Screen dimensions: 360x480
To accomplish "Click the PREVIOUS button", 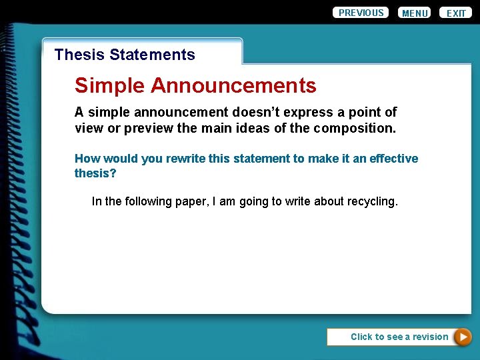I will point(361,13).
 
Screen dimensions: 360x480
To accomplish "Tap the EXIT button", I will point(456,13).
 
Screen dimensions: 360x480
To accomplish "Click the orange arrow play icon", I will point(462,337).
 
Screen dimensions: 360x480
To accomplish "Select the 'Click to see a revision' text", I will point(399,337).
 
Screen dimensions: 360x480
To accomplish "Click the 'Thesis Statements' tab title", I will point(125,55).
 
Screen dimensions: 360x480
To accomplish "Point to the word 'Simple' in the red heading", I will point(110,86).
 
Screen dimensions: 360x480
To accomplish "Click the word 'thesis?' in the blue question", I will point(95,173).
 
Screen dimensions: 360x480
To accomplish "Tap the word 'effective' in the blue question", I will point(393,159).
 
